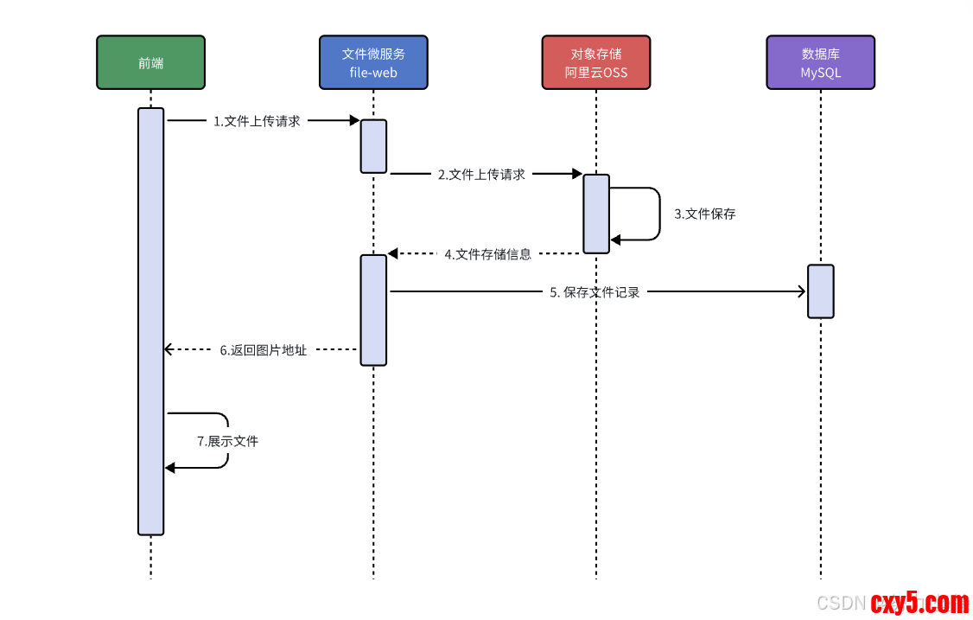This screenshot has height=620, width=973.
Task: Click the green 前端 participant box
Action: tap(150, 62)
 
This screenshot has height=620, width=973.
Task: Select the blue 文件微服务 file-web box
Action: tap(373, 62)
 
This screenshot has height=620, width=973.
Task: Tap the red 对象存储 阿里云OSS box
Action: tap(596, 62)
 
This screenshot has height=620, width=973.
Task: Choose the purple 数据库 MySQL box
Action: tap(820, 62)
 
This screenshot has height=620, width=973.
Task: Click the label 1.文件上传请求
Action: tap(257, 122)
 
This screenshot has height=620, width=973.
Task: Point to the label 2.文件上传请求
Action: tap(480, 175)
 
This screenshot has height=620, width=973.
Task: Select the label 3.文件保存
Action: tap(705, 214)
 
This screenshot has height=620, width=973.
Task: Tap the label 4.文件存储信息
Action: tap(488, 254)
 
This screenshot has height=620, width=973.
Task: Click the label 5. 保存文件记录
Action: tap(595, 292)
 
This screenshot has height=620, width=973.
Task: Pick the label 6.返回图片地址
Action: tap(263, 350)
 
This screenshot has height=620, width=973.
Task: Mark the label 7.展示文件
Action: tap(227, 441)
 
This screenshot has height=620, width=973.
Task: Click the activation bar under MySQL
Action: tap(821, 291)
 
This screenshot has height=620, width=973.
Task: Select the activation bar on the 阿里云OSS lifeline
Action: tap(596, 214)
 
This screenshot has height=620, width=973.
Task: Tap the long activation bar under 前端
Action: tap(150, 321)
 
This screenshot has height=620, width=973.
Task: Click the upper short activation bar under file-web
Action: tap(373, 146)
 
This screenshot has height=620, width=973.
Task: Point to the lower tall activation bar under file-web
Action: tap(373, 310)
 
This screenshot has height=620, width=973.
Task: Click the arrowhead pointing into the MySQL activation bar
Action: tap(802, 292)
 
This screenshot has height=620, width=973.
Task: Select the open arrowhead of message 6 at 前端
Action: tap(169, 349)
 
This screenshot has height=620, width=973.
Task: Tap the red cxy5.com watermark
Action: tap(919, 603)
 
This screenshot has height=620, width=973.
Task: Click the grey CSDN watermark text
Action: tap(842, 604)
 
